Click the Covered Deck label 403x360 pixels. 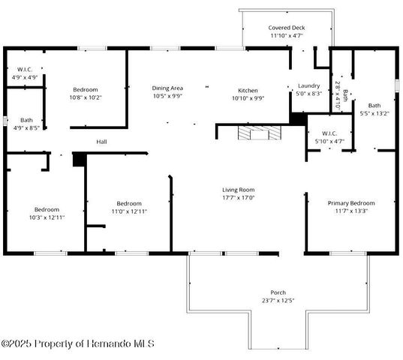[287, 27]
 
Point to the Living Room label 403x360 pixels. [238, 190]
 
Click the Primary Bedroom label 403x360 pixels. [350, 202]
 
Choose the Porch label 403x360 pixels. [278, 292]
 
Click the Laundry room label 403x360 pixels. [309, 85]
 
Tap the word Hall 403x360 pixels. [101, 141]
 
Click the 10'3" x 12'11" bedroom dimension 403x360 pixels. [46, 217]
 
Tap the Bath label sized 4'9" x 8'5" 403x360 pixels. [26, 120]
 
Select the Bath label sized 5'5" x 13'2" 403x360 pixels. [374, 106]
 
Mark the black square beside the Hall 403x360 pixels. [79, 159]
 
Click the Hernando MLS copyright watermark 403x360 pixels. [78, 343]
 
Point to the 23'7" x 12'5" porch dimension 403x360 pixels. [278, 300]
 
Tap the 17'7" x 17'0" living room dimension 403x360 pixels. [238, 198]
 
